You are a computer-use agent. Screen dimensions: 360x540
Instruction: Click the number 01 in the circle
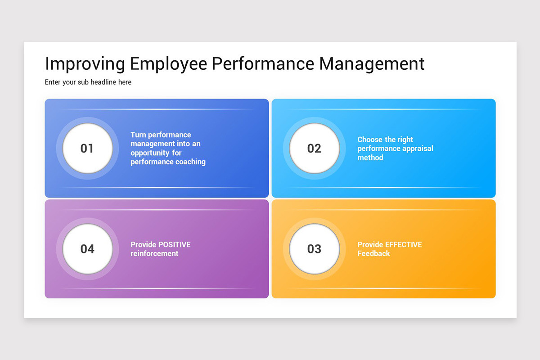point(87,148)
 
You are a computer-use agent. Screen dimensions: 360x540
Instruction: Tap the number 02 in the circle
point(314,148)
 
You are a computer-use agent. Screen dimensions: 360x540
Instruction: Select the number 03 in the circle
point(314,249)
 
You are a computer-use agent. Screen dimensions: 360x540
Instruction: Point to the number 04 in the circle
point(87,249)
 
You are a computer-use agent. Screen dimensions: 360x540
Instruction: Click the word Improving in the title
point(85,64)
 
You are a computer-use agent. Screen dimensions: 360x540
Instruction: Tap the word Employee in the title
point(169,64)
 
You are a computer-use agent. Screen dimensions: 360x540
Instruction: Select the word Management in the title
point(372,64)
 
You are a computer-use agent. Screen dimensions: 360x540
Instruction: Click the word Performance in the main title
point(263,64)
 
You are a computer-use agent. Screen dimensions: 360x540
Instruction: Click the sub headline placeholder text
point(88,82)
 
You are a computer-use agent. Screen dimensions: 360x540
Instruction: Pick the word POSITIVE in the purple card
point(175,245)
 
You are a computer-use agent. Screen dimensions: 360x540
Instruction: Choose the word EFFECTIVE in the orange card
point(404,245)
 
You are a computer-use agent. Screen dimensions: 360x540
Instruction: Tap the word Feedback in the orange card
point(373,254)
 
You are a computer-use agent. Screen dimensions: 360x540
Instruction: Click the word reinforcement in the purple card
point(154,254)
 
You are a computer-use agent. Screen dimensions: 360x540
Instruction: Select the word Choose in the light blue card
point(370,139)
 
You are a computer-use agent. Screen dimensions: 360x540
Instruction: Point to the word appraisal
point(415,148)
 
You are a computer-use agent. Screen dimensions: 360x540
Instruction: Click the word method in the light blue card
point(370,157)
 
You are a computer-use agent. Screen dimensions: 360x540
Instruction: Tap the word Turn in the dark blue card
point(138,135)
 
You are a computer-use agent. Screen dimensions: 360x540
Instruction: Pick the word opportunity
point(150,153)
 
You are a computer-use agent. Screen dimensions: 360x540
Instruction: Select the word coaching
point(191,162)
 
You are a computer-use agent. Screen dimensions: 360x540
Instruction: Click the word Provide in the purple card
point(144,245)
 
